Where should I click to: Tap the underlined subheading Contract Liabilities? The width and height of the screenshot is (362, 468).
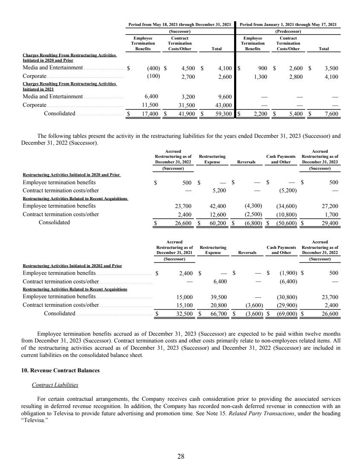point(55,385)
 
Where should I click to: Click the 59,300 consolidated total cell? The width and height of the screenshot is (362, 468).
point(224,114)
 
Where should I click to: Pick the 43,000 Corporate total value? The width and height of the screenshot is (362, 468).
point(224,105)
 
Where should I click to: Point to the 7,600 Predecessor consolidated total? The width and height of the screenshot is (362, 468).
point(331,114)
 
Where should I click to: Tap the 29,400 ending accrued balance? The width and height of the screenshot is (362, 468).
point(330,223)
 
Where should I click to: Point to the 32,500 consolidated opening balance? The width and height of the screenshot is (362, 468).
point(184,314)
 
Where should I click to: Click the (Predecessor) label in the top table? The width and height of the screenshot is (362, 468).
point(288,31)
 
